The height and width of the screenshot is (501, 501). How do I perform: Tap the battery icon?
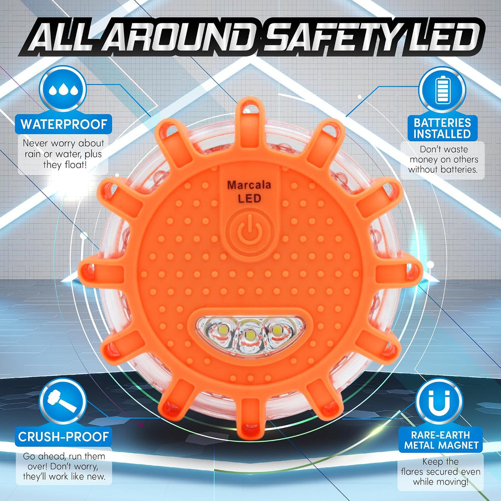[442, 90]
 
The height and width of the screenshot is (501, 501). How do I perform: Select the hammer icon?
[63, 401]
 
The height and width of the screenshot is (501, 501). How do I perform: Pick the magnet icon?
[439, 401]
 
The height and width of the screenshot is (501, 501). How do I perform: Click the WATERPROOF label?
[64, 124]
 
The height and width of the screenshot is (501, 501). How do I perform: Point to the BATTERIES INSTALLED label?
[442, 128]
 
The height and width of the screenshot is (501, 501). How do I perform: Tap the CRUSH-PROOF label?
[63, 436]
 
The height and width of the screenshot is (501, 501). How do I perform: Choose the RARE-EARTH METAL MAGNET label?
[440, 440]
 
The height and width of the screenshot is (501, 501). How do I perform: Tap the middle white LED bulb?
[250, 335]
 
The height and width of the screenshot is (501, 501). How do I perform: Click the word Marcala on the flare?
[249, 185]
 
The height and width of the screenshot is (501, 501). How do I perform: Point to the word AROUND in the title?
[179, 38]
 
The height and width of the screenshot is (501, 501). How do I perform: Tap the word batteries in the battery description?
[458, 169]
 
